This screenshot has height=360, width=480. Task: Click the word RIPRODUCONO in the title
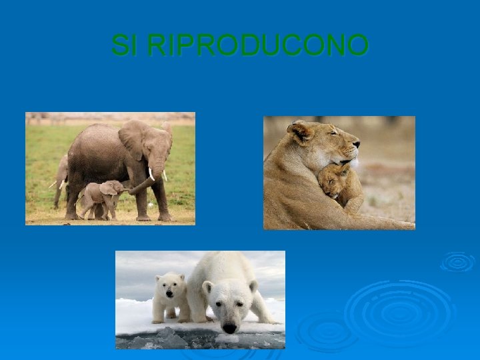point(257,46)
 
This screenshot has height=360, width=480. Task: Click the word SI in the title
point(126,46)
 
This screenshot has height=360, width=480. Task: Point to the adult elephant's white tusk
point(152,174)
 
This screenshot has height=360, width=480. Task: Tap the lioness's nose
point(357,142)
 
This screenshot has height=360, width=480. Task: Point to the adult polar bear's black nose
point(229,328)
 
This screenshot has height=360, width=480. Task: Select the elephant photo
point(110,168)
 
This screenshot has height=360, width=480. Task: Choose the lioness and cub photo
point(339,173)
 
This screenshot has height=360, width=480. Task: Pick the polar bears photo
point(200,299)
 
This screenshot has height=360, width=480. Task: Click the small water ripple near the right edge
point(457,261)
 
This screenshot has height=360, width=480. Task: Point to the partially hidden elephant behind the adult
point(61,177)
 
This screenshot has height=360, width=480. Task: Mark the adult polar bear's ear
point(207,287)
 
